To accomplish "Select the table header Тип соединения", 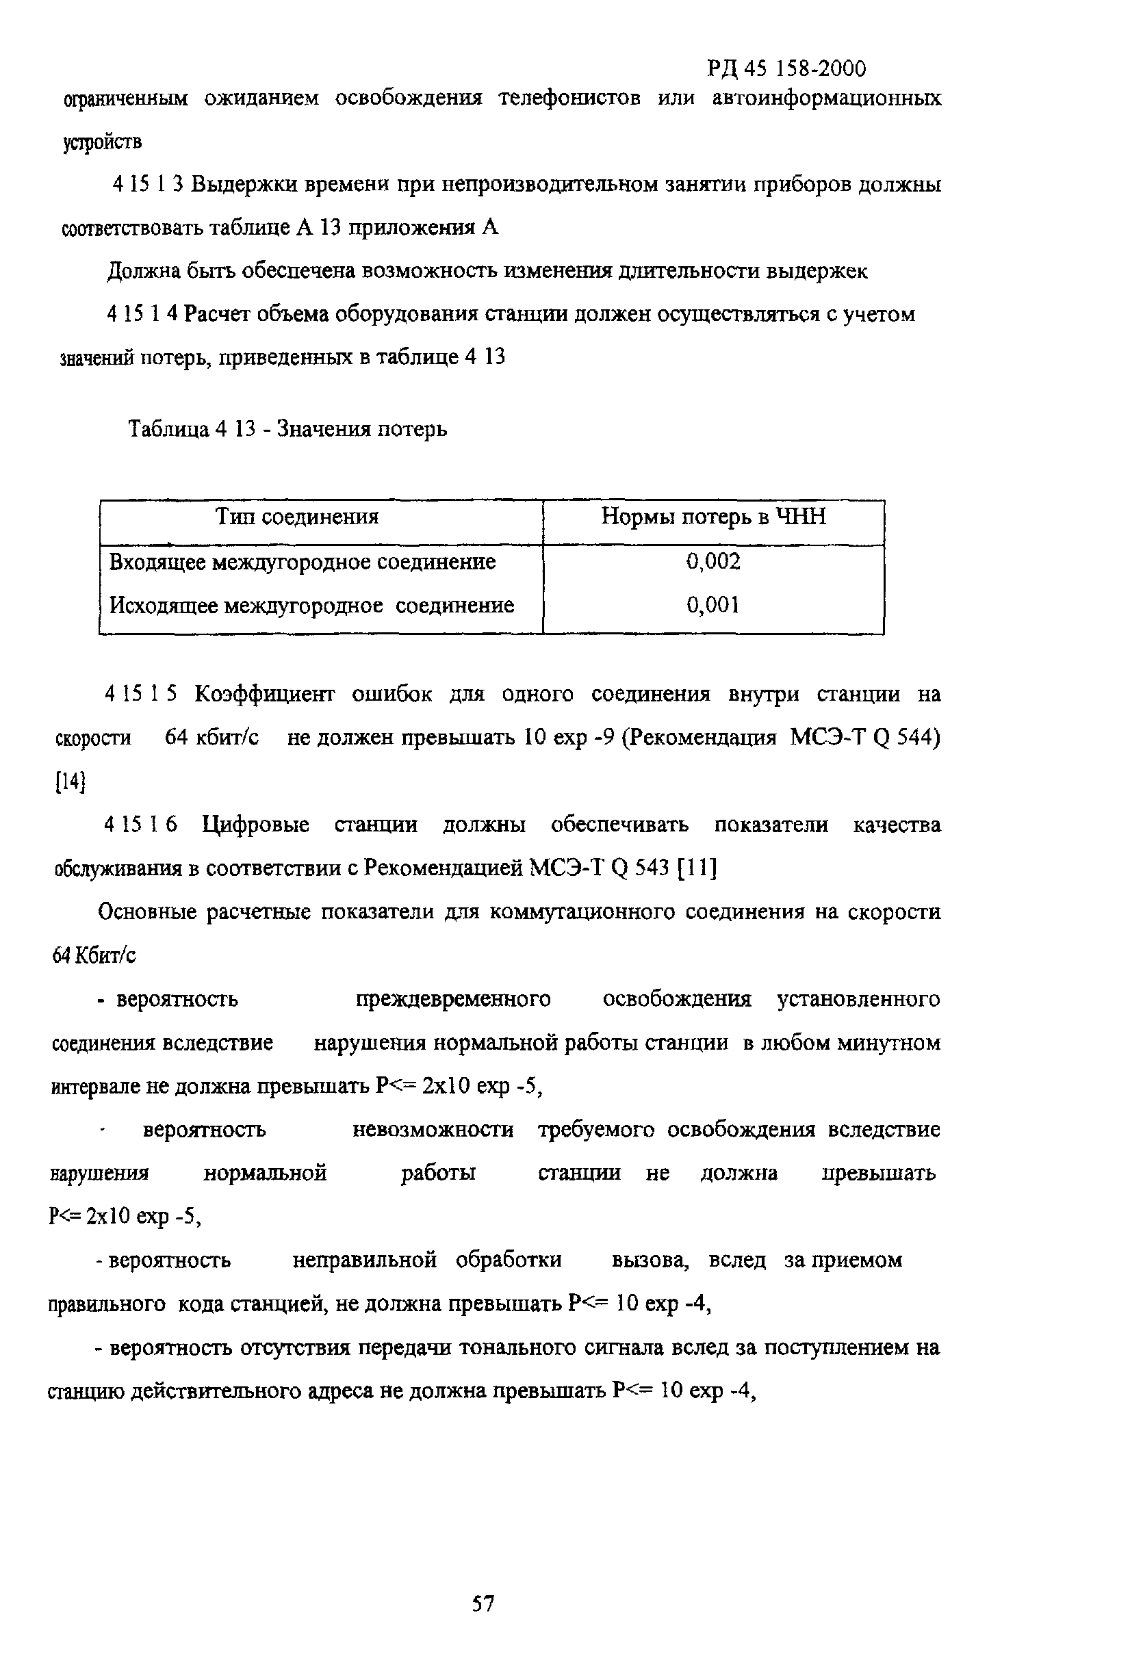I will click(x=297, y=517).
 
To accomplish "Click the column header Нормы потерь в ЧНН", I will click(x=713, y=517).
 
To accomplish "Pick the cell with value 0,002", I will click(x=713, y=562).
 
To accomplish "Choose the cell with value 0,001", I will click(x=713, y=605).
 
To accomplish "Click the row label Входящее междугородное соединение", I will click(x=302, y=562).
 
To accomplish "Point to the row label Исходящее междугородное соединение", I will click(x=311, y=605).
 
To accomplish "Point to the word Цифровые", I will click(x=255, y=825).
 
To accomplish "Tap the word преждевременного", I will click(x=452, y=999).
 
